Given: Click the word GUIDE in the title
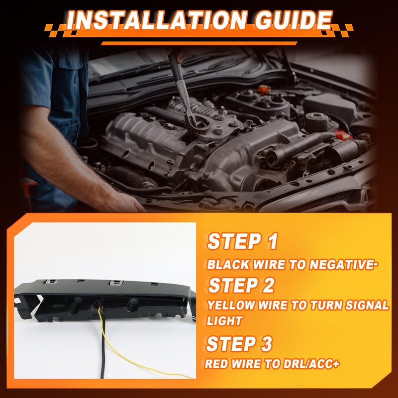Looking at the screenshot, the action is pyautogui.click(x=294, y=20).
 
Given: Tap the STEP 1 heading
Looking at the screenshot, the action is pyautogui.click(x=242, y=241).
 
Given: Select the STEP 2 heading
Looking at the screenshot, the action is pyautogui.click(x=241, y=285).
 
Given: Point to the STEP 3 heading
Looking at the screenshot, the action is pyautogui.click(x=239, y=344).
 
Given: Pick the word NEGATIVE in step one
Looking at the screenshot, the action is pyautogui.click(x=343, y=265).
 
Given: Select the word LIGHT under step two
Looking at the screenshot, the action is pyautogui.click(x=225, y=321).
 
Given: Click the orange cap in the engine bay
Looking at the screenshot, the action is pyautogui.click(x=264, y=90).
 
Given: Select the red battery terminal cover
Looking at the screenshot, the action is pyautogui.click(x=343, y=134).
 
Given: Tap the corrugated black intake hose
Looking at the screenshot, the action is pyautogui.click(x=131, y=177).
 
